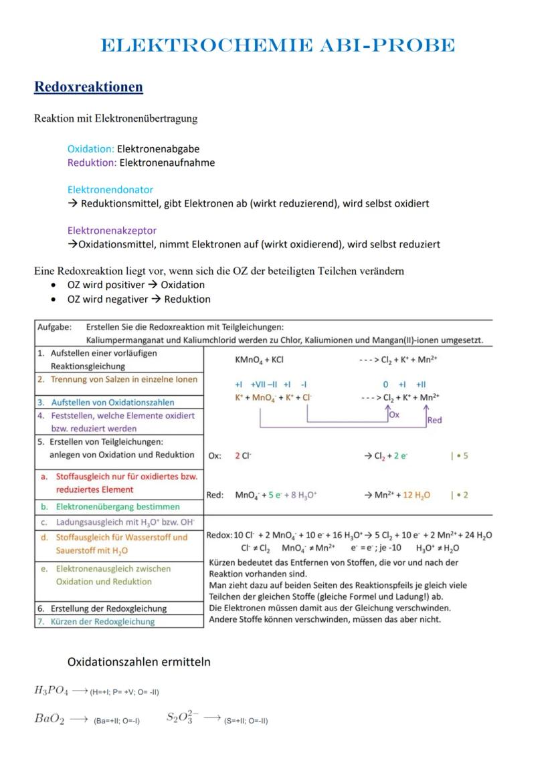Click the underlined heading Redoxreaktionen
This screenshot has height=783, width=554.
click(88, 88)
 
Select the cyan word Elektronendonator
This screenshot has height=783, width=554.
click(110, 190)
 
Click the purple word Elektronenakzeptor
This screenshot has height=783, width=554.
click(112, 231)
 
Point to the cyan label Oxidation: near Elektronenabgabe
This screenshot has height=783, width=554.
click(91, 149)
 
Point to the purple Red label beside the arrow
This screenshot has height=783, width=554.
click(434, 420)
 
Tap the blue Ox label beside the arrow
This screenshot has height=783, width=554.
click(394, 415)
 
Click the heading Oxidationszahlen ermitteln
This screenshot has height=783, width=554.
click(138, 662)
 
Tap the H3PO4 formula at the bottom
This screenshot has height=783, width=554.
click(51, 691)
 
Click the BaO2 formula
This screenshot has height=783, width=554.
click(49, 719)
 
